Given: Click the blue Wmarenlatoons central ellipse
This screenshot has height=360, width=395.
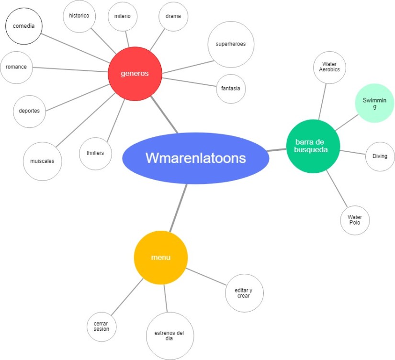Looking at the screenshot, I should (x=195, y=158).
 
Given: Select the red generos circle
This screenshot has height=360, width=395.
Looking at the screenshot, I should (x=135, y=74).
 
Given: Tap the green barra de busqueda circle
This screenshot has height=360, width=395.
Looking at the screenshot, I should (x=313, y=146).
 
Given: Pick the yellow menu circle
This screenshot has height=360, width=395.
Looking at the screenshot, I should (x=161, y=258).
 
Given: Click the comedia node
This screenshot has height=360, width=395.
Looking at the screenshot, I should (x=23, y=26).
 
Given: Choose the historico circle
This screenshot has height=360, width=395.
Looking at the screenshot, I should (x=79, y=16).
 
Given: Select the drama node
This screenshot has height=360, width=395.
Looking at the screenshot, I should (x=173, y=16).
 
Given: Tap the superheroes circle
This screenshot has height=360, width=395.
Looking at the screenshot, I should (x=231, y=44).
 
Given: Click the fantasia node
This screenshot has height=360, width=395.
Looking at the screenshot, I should (x=231, y=89).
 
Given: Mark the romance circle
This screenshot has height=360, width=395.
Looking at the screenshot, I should (x=16, y=67).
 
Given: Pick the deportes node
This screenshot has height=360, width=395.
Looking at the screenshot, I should (x=29, y=111).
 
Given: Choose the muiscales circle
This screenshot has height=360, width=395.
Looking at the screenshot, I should (x=42, y=161).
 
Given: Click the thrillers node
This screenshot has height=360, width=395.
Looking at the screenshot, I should (x=95, y=153).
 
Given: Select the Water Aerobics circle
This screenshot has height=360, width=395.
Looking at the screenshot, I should (x=329, y=67).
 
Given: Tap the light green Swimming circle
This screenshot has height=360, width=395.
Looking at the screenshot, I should (x=375, y=103).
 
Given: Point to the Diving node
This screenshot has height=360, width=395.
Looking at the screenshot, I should (x=380, y=156).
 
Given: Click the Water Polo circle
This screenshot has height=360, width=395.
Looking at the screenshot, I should (x=355, y=220).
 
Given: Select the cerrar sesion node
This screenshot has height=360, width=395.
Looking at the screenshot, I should (x=102, y=326).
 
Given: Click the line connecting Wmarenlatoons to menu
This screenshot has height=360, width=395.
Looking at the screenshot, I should (x=178, y=208).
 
